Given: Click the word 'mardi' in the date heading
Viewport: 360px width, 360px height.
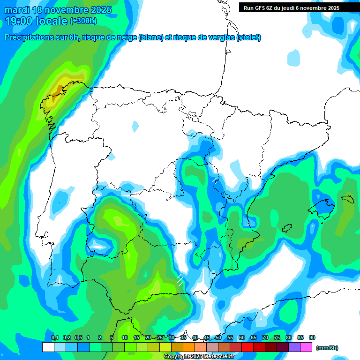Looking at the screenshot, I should (x=17, y=10).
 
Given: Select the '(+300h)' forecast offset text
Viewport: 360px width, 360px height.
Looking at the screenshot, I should (x=83, y=21).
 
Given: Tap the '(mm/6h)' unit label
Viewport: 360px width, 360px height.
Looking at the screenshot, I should (x=327, y=348).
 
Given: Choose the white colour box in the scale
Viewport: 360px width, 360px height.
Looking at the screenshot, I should (x=48, y=347).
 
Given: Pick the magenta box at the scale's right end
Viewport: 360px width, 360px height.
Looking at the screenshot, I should (x=306, y=347).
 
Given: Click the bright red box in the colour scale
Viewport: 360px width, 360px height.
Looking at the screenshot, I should (x=247, y=347).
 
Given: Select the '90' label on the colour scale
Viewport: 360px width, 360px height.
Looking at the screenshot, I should (x=312, y=338).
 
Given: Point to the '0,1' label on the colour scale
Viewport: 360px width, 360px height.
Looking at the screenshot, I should (x=55, y=338).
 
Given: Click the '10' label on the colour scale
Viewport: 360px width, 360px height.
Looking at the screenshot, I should (x=125, y=338).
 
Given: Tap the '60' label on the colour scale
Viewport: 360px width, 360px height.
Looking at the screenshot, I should (x=242, y=338).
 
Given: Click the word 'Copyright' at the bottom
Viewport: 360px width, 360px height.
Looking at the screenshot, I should (x=177, y=357).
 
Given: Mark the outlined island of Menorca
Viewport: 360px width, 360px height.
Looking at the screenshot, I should (x=347, y=199).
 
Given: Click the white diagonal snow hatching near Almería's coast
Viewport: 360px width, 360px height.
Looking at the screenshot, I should (x=180, y=280).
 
